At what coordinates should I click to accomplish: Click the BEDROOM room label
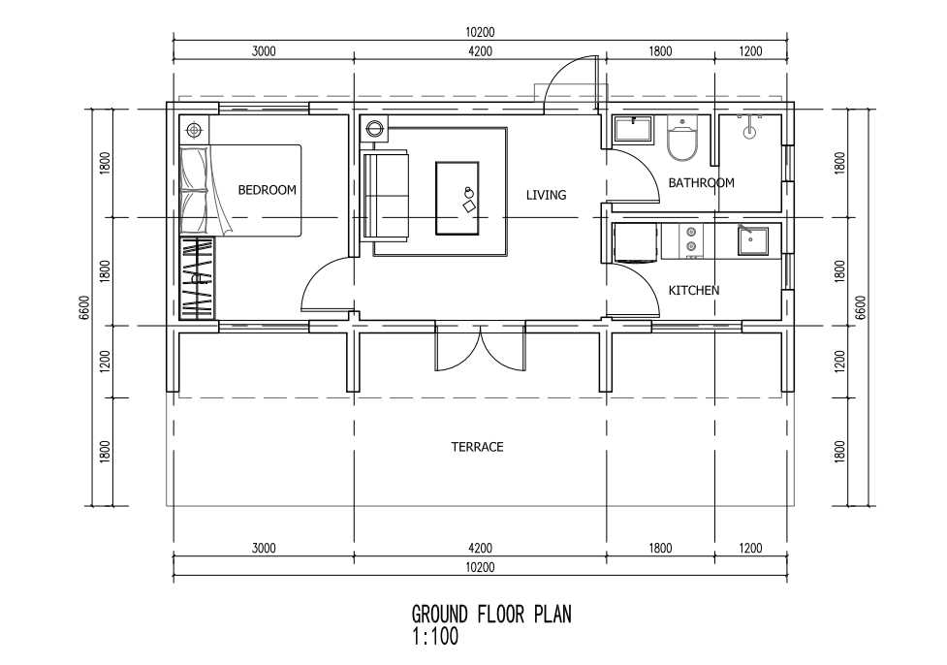pyautogui.click(x=267, y=190)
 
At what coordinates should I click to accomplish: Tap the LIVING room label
pyautogui.click(x=546, y=195)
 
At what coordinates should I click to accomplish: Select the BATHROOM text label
pyautogui.click(x=701, y=182)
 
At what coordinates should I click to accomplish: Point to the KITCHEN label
pyautogui.click(x=694, y=290)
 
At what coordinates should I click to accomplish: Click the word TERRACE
pyautogui.click(x=477, y=447)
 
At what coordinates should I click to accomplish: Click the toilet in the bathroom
pyautogui.click(x=683, y=142)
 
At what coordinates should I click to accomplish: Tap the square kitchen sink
pyautogui.click(x=753, y=240)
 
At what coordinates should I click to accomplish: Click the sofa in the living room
pyautogui.click(x=385, y=195)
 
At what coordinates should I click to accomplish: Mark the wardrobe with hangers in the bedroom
pyautogui.click(x=198, y=276)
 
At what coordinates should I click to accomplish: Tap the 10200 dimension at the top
pyautogui.click(x=480, y=32)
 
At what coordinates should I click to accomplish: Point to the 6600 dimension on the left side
pyautogui.click(x=84, y=308)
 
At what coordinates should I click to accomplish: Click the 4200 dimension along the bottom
pyautogui.click(x=480, y=548)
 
